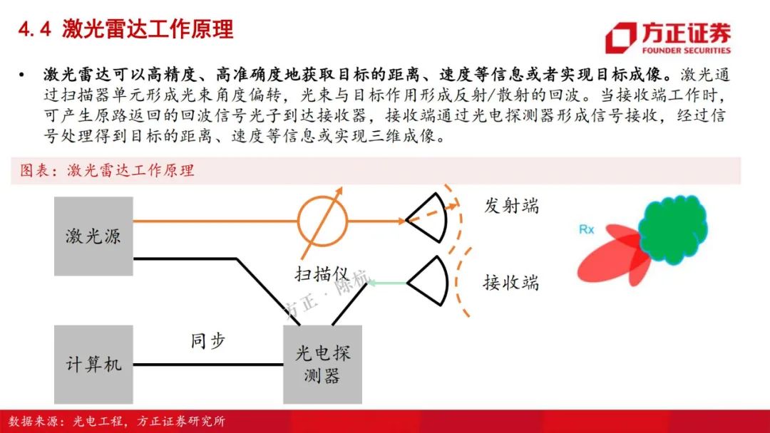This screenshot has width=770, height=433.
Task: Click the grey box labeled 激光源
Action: [x=93, y=236]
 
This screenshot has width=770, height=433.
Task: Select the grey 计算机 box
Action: [x=93, y=365]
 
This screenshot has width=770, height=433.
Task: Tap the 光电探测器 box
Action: [x=323, y=365]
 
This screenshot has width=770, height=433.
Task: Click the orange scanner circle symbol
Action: [x=322, y=221]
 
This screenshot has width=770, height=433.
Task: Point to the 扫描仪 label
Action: [x=322, y=274]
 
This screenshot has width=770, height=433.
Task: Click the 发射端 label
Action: [x=511, y=206]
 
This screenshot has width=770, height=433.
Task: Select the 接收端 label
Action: [x=510, y=283]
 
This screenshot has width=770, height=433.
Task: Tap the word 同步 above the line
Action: [x=207, y=340]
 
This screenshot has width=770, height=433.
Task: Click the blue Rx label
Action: [x=586, y=229]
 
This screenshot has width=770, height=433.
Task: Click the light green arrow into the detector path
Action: [x=387, y=283]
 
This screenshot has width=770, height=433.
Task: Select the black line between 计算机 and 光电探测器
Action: [x=208, y=365]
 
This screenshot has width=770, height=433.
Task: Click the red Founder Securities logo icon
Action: [x=620, y=37]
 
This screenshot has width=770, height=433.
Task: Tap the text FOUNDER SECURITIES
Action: [x=686, y=51]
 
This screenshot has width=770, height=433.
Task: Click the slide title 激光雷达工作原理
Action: [x=148, y=29]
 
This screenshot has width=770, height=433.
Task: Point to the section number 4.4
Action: [x=34, y=30]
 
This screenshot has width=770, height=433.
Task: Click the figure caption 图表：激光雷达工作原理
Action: [x=107, y=171]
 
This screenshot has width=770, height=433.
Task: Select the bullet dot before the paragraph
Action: [x=21, y=75]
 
